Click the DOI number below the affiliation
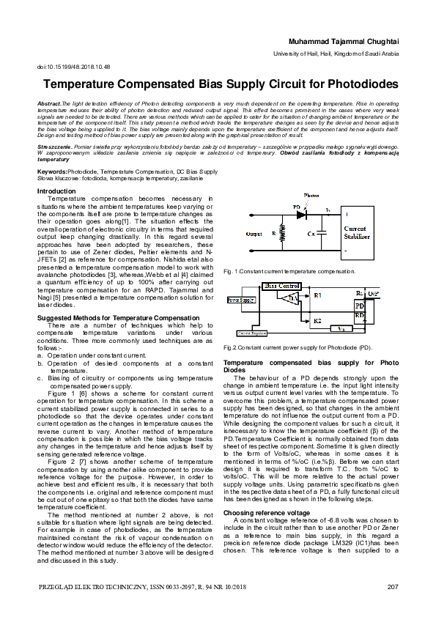point(73,66)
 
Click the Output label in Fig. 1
point(254,234)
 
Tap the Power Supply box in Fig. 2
point(240,300)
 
